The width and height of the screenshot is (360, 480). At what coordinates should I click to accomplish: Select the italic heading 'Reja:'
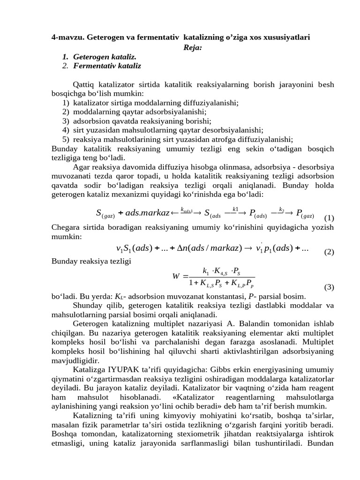[193, 47]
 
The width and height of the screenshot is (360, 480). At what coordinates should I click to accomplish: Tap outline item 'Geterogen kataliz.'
[106, 57]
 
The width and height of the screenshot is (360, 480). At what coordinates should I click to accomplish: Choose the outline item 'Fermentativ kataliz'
[107, 66]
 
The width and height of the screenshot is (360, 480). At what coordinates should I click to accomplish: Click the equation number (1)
[329, 217]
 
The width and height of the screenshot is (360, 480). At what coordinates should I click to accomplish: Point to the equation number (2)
[329, 252]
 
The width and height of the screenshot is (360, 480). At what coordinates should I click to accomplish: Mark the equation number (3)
[329, 287]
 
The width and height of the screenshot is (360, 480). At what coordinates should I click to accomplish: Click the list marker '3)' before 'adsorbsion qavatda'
[66, 121]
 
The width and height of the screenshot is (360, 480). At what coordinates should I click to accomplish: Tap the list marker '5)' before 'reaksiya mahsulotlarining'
[66, 139]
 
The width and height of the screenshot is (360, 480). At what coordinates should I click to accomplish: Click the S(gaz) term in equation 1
[105, 213]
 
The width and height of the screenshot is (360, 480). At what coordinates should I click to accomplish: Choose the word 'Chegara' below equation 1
[66, 227]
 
